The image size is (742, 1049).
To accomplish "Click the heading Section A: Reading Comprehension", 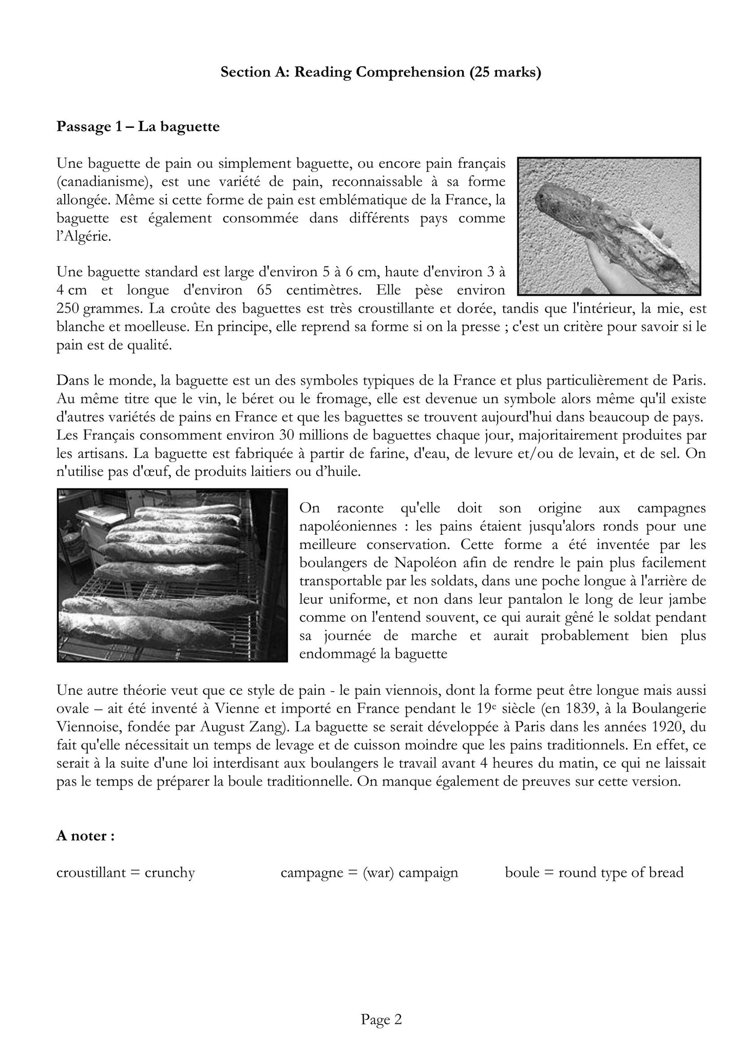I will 380,72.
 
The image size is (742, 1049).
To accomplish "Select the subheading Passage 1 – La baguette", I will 138,126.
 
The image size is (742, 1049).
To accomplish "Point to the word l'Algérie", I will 84,237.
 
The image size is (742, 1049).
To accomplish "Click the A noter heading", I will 85,836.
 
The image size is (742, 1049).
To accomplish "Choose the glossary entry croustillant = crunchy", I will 126,872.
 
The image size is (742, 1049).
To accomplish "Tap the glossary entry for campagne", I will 369,872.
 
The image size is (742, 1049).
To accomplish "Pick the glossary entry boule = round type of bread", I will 594,872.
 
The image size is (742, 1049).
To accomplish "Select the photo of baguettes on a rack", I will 172,575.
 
